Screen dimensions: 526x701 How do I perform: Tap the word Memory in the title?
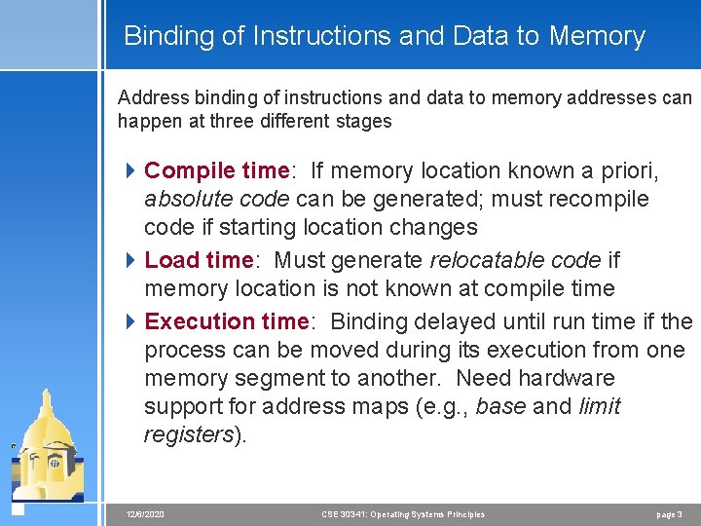coord(597,37)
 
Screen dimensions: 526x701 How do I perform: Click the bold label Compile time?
coord(216,171)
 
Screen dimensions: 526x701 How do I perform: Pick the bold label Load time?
coord(199,260)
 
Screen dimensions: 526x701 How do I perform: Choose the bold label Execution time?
coord(226,321)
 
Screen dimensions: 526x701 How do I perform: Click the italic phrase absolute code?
coord(216,200)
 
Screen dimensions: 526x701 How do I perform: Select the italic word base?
coord(501,406)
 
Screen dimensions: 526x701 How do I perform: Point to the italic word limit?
coord(599,406)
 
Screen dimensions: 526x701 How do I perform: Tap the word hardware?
coord(568,378)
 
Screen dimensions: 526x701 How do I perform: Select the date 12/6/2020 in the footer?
coord(145,514)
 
